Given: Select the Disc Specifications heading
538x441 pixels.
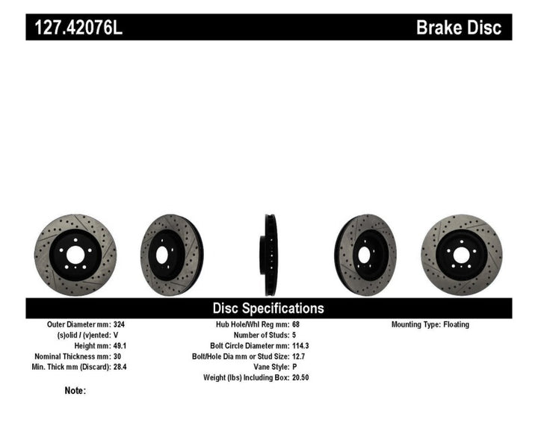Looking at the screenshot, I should [x=268, y=308].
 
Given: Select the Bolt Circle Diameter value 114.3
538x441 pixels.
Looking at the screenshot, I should [x=300, y=346].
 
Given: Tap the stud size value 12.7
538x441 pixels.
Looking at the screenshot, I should [x=297, y=357].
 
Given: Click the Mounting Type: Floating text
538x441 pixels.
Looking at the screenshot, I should [x=430, y=325].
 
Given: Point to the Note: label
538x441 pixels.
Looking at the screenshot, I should [x=75, y=390].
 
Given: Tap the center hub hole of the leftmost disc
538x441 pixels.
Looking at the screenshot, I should [x=75, y=255].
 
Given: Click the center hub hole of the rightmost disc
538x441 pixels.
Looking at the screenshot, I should [x=462, y=255].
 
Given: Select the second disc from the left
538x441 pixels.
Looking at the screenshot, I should [x=172, y=254].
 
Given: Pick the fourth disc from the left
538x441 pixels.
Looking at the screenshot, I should [x=365, y=254].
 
